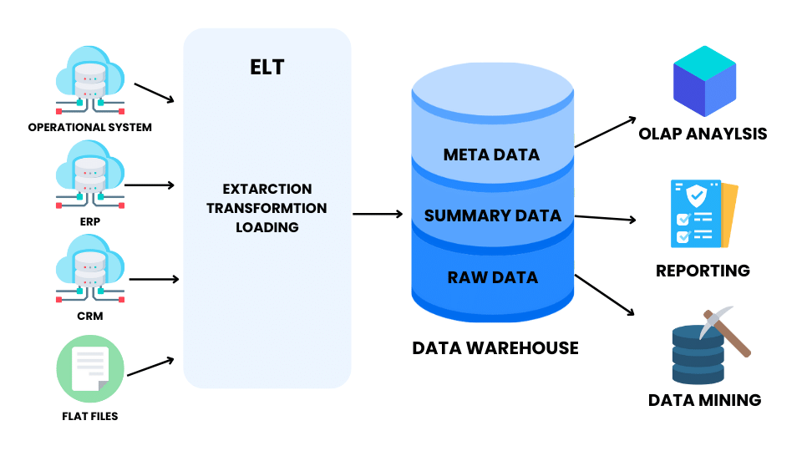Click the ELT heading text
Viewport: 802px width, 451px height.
tap(266, 68)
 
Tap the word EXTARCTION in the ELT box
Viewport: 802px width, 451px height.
tap(266, 190)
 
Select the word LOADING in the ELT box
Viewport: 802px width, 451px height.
tap(266, 226)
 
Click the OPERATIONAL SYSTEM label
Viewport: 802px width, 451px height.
tap(90, 128)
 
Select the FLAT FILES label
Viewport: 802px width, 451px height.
tap(90, 415)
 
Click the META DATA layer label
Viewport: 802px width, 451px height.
tap(491, 155)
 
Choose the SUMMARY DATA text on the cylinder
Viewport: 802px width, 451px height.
tap(492, 215)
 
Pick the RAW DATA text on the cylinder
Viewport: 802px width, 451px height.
tap(492, 277)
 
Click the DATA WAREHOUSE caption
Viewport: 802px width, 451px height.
tap(495, 347)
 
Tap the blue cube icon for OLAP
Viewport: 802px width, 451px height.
tap(705, 81)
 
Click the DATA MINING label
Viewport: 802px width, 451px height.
tap(704, 400)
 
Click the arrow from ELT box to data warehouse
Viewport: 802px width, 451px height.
tap(378, 215)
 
